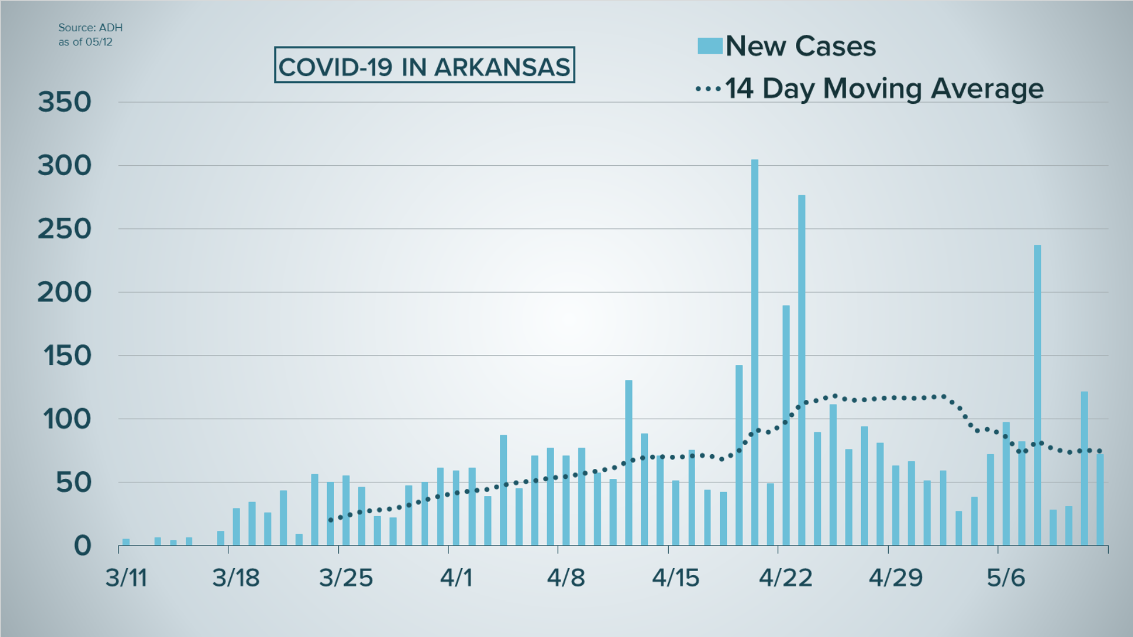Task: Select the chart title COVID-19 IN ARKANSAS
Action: (424, 67)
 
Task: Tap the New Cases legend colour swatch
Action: (709, 46)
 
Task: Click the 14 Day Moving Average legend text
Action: (884, 89)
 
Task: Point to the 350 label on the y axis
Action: (65, 102)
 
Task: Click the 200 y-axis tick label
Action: (65, 293)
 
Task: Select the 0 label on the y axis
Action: (83, 546)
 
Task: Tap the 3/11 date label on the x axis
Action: (126, 577)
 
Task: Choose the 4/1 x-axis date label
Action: (456, 577)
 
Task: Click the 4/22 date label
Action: (785, 577)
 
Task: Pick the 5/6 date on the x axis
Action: (1006, 577)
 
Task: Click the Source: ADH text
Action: (90, 28)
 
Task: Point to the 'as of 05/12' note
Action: (85, 42)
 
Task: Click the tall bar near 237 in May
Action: (1037, 395)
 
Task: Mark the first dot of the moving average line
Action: (330, 520)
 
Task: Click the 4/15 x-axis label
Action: (676, 577)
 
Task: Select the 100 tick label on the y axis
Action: (67, 419)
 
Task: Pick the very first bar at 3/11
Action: (126, 542)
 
